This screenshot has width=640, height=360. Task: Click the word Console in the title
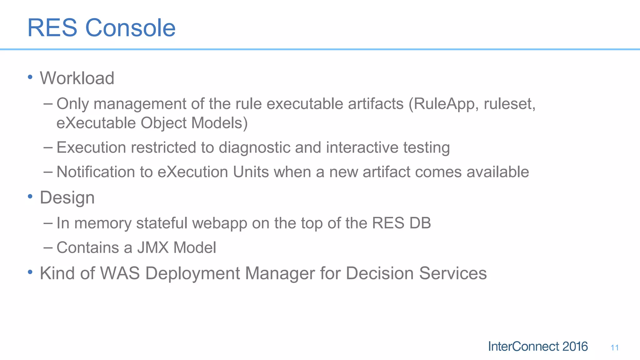(x=130, y=28)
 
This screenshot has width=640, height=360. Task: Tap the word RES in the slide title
(x=52, y=28)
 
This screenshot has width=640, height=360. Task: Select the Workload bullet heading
(x=77, y=78)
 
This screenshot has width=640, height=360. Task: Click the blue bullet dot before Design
(x=30, y=197)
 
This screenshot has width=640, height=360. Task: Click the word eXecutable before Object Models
(x=96, y=123)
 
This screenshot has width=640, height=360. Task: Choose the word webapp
(x=219, y=223)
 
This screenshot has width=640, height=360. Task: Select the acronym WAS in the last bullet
(x=120, y=273)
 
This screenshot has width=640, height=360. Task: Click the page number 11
(x=614, y=347)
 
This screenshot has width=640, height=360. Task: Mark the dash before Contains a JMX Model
(x=48, y=247)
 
